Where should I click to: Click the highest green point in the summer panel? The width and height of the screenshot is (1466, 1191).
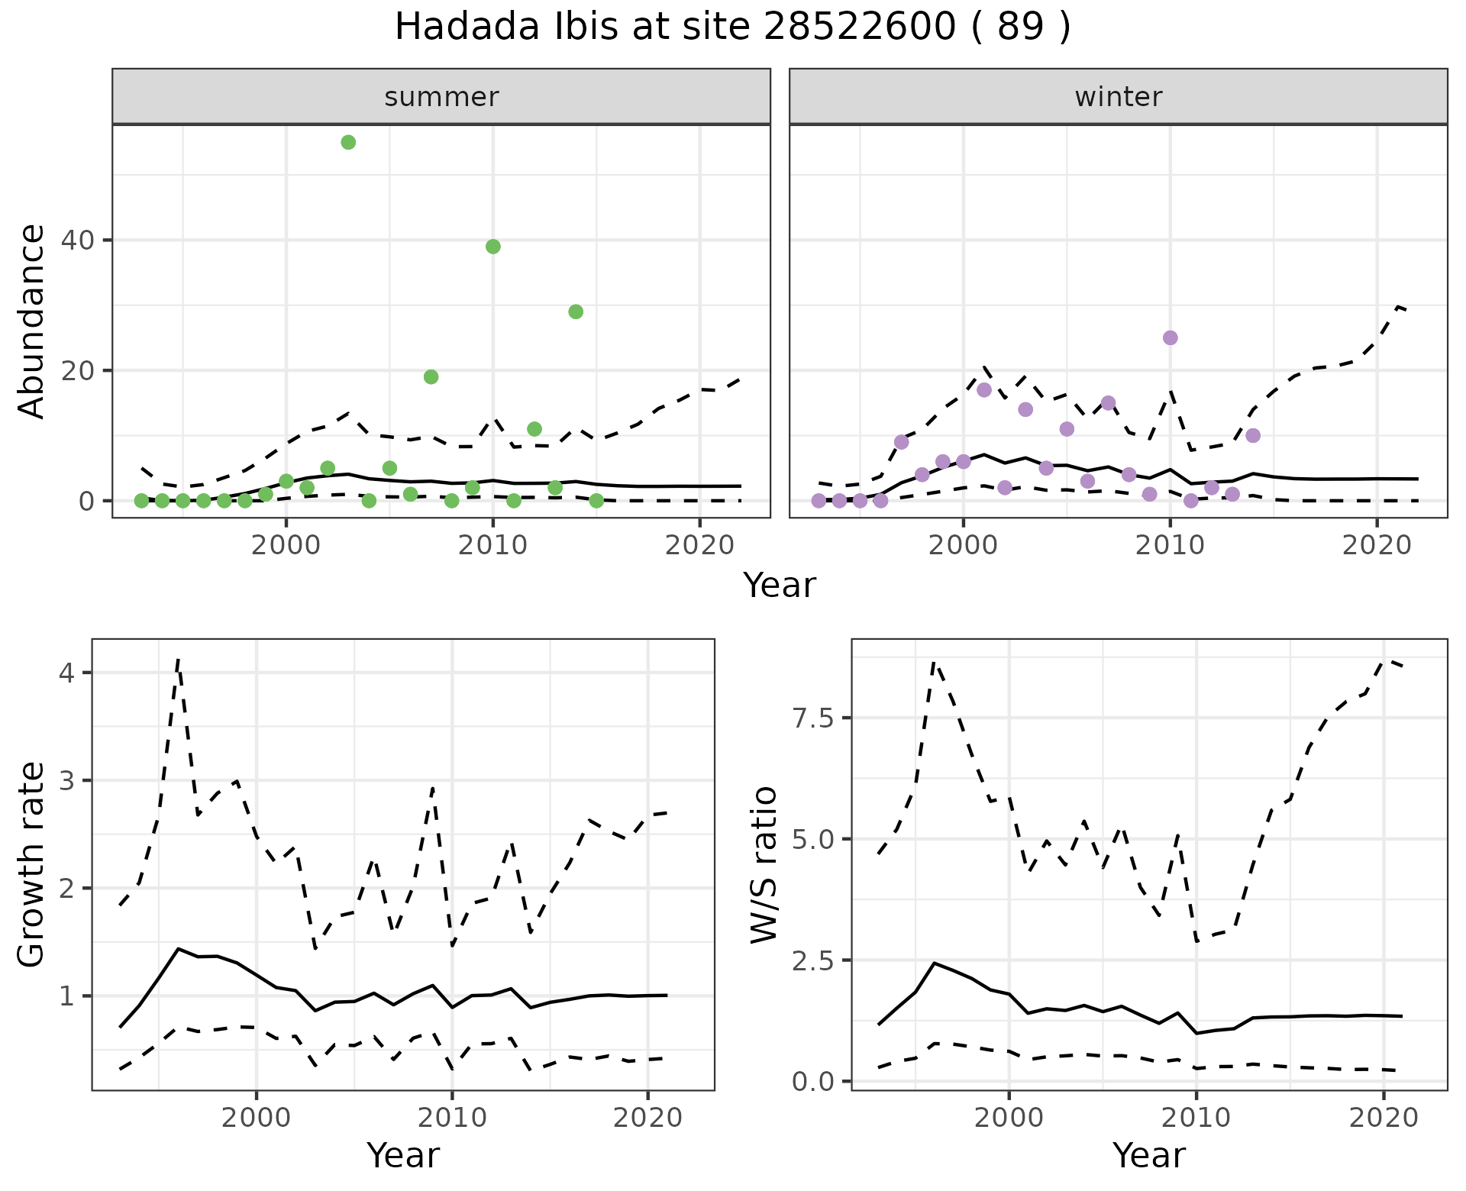coord(348,142)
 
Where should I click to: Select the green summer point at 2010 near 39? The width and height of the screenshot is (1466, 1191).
coord(493,247)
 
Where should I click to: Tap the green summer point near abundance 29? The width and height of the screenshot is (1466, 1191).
coord(576,311)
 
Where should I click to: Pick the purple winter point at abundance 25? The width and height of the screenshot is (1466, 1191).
coord(1170,337)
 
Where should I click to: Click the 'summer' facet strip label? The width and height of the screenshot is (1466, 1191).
coord(441,97)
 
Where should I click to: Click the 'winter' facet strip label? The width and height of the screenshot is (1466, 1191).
coord(1119,97)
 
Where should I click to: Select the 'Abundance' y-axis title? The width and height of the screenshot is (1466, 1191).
coord(32,321)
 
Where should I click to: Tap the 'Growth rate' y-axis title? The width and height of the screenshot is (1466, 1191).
coord(32,864)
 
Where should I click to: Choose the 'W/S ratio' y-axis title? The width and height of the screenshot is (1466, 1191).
coord(764,864)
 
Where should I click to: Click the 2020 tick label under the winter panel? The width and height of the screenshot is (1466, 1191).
coord(1377,545)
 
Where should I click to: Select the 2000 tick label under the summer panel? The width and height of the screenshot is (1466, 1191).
coord(286,545)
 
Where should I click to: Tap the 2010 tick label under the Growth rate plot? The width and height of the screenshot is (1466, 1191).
coord(452,1118)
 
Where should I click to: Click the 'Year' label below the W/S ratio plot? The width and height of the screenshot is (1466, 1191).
coord(1148,1156)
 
